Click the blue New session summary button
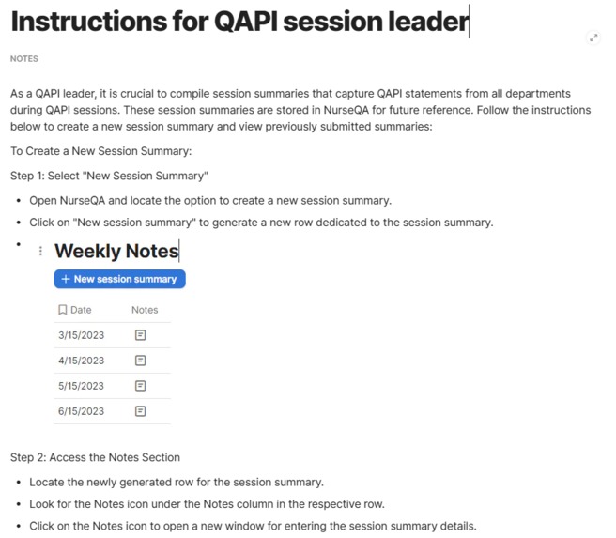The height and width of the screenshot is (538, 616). [119, 279]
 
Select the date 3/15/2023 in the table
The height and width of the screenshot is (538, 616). [80, 334]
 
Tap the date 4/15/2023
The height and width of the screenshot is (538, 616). [80, 360]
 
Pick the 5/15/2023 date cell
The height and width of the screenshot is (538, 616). [80, 385]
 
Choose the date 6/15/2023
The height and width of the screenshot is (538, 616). [80, 410]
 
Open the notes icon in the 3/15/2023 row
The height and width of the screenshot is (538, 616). [140, 334]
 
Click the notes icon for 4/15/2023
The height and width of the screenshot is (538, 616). [140, 360]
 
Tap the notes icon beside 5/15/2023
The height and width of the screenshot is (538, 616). [140, 385]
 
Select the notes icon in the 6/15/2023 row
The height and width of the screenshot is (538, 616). [140, 410]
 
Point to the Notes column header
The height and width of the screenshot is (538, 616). [145, 310]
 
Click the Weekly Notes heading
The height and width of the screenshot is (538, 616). [116, 251]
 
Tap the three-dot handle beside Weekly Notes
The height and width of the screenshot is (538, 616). [40, 252]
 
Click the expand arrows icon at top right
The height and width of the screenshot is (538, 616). [593, 38]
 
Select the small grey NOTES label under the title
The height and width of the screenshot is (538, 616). [24, 58]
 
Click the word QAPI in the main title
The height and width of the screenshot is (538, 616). [248, 21]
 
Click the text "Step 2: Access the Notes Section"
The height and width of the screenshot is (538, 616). [95, 457]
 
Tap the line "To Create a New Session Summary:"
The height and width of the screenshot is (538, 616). [100, 151]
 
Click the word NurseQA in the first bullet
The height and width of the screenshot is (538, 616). [90, 200]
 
